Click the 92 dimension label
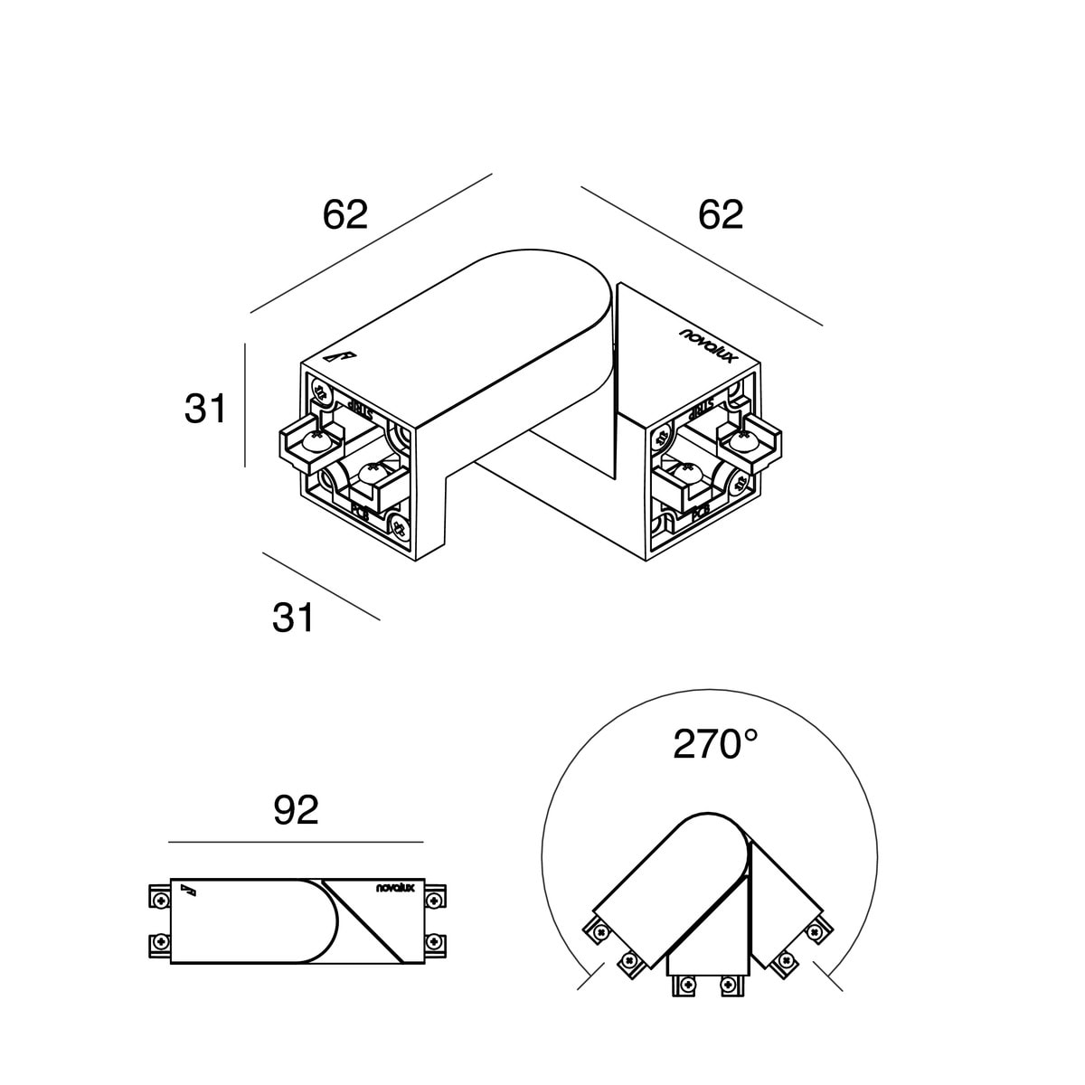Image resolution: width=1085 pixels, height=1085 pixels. point(296,811)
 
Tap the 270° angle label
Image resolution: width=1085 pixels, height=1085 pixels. point(715,744)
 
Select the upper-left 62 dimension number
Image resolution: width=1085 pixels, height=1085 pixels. point(345,215)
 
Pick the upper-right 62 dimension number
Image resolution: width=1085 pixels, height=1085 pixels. point(721,215)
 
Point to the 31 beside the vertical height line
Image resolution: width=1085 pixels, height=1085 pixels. point(205,409)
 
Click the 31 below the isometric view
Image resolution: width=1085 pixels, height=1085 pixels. point(294,618)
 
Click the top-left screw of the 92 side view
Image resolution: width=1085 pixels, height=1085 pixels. point(159,899)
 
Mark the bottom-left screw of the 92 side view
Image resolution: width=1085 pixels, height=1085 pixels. point(159,942)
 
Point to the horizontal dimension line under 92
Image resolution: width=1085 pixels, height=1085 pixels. point(296,842)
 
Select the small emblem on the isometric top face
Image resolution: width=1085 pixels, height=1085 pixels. point(341,357)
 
